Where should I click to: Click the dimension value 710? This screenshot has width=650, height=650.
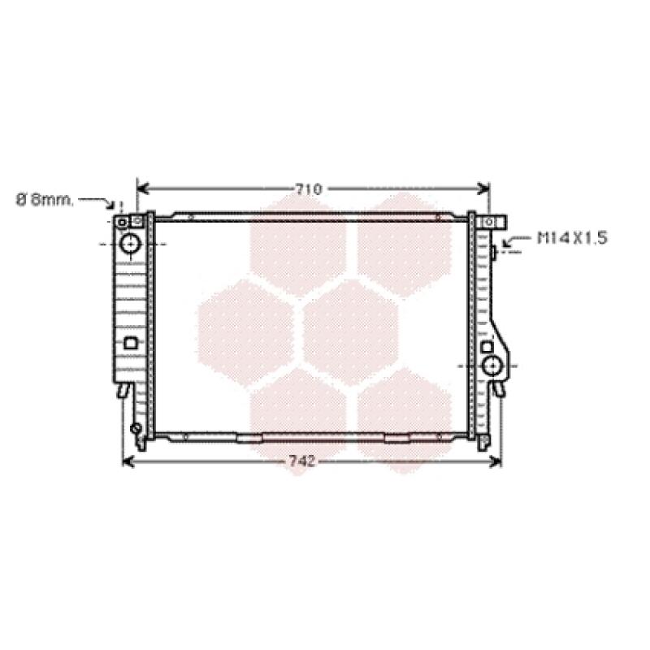coord(309,189)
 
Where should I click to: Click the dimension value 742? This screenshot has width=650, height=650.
coord(301,461)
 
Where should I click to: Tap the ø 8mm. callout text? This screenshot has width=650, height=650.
coord(45,200)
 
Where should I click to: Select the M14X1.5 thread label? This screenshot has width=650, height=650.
coord(573,238)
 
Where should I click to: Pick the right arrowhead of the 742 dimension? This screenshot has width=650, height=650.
coord(496,461)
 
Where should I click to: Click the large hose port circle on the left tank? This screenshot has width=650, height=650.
coord(131,244)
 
